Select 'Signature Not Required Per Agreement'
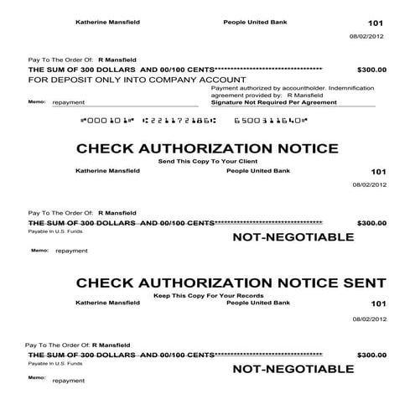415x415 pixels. pyautogui.click(x=274, y=101)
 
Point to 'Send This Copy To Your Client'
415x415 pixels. pyautogui.click(x=207, y=160)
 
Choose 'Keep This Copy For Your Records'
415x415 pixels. pyautogui.click(x=207, y=295)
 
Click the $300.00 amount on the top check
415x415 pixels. pyautogui.click(x=371, y=70)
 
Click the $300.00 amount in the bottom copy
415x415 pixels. pyautogui.click(x=371, y=355)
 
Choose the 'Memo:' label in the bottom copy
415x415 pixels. pyautogui.click(x=36, y=378)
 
